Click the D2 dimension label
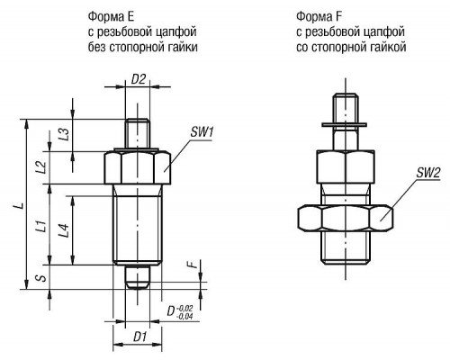coord(139,79)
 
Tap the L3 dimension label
coord(64,134)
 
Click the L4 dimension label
coord(64,231)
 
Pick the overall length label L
coord(20,205)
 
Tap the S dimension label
coord(42,278)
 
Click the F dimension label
coord(193,265)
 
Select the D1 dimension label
coord(139,337)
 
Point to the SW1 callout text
coord(202,132)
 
